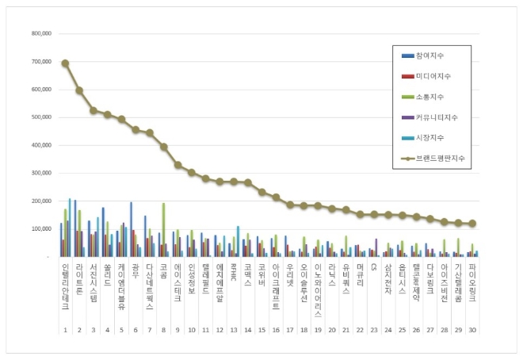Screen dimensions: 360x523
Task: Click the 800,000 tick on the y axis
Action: click(40, 34)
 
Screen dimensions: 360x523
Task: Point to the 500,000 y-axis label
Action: click(40, 117)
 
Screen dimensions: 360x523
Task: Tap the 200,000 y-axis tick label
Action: click(40, 201)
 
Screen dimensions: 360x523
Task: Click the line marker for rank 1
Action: click(65, 63)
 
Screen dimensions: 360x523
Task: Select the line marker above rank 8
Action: click(164, 147)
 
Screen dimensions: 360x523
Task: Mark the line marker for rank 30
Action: click(472, 224)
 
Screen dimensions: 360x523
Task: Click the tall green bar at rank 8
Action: click(164, 229)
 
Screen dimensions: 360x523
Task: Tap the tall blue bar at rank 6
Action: click(131, 229)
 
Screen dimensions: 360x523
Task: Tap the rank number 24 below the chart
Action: click(387, 329)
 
